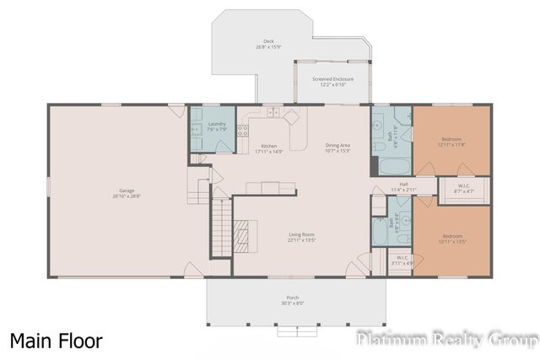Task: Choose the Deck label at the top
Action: click(268, 43)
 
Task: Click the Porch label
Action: click(292, 301)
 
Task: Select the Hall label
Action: click(403, 187)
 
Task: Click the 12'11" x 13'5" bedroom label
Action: click(451, 239)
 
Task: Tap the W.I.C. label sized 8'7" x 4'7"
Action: click(464, 189)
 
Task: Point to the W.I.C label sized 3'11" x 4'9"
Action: click(402, 261)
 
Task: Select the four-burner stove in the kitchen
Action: click(242, 131)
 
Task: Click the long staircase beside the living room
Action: click(219, 229)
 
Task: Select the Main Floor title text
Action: click(57, 341)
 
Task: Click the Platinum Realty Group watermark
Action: click(446, 339)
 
